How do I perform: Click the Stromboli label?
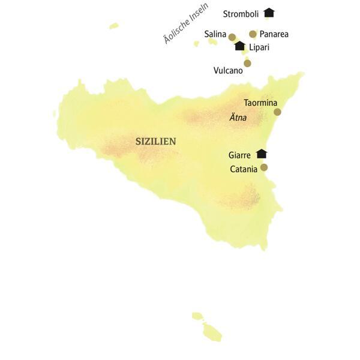pyautogui.click(x=241, y=14)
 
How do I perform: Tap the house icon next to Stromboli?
pyautogui.click(x=268, y=13)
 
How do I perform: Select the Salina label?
pyautogui.click(x=215, y=34)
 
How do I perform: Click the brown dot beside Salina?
pyautogui.click(x=232, y=37)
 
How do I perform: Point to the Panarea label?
pyautogui.click(x=274, y=34)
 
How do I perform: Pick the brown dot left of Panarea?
pyautogui.click(x=253, y=34)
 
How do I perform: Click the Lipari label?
pyautogui.click(x=259, y=47)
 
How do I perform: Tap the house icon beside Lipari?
pyautogui.click(x=240, y=46)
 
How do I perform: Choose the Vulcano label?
pyautogui.click(x=228, y=70)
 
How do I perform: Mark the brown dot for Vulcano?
pyautogui.click(x=247, y=63)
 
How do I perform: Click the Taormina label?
pyautogui.click(x=261, y=103)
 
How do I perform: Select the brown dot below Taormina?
pyautogui.click(x=277, y=112)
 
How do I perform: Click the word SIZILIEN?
pyautogui.click(x=155, y=142)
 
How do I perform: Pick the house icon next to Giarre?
pyautogui.click(x=261, y=154)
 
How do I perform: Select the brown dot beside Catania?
pyautogui.click(x=264, y=167)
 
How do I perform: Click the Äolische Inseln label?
pyautogui.click(x=186, y=24)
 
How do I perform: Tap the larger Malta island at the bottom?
pyautogui.click(x=212, y=332)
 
